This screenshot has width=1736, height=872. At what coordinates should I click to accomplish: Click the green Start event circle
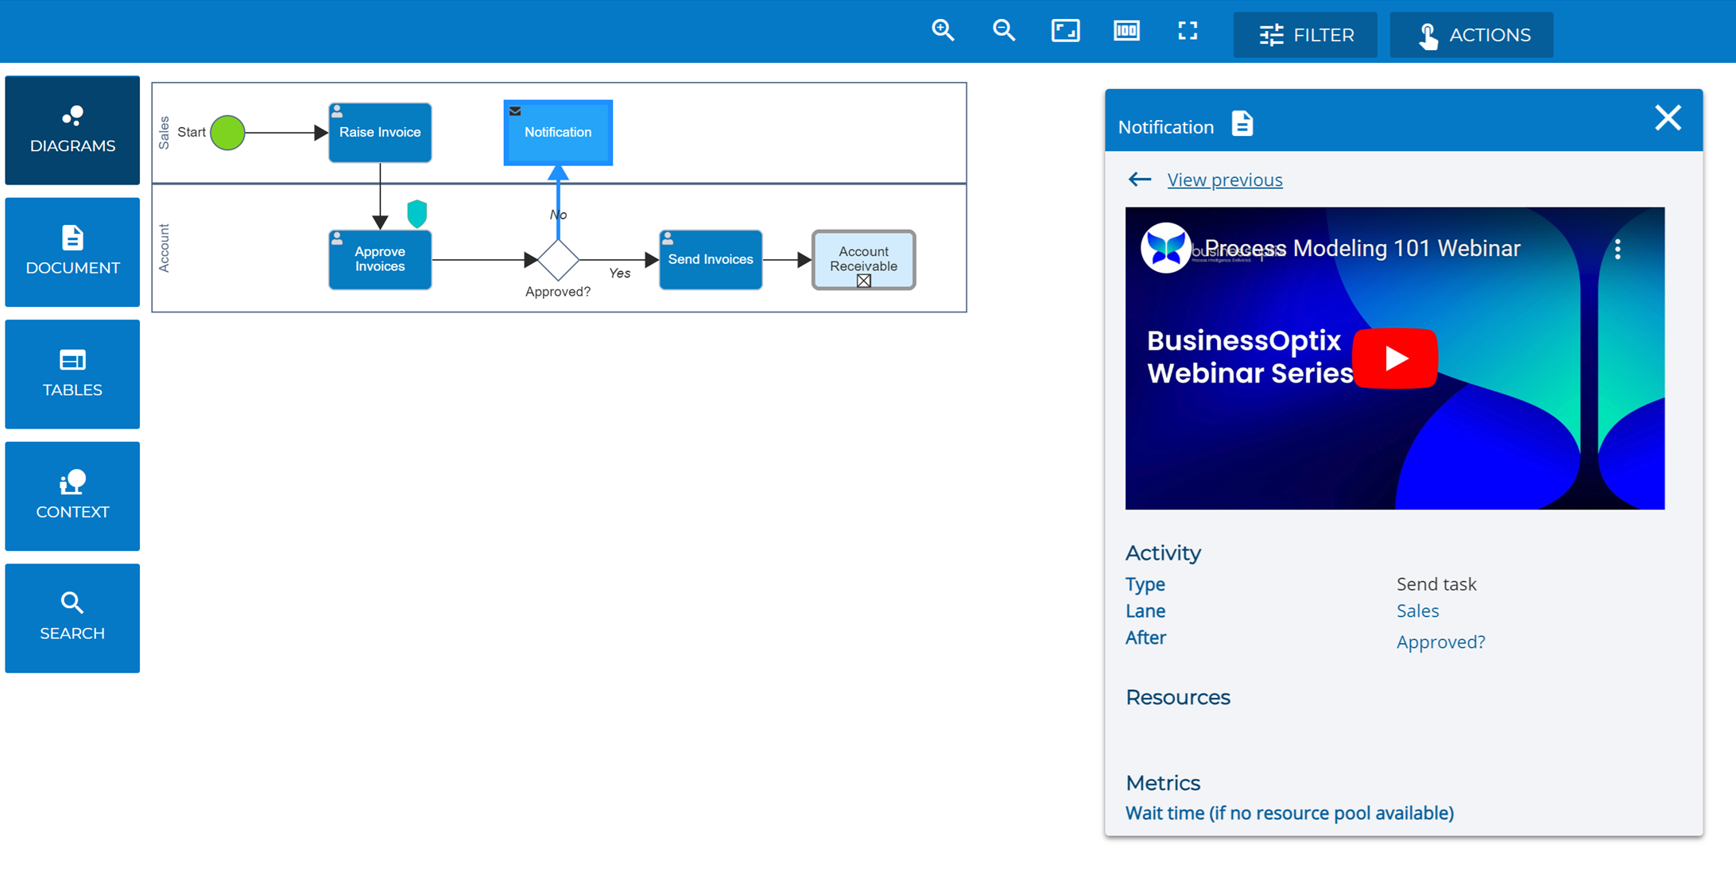click(x=227, y=133)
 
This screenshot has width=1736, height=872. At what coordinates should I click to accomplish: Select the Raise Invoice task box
click(x=380, y=133)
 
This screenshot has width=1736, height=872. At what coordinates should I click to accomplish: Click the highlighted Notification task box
click(x=558, y=133)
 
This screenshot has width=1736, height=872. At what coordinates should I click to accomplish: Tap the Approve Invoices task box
click(x=380, y=259)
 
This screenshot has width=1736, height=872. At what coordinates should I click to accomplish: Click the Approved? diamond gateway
click(x=558, y=259)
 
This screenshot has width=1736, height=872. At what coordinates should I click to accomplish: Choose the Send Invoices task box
click(x=711, y=259)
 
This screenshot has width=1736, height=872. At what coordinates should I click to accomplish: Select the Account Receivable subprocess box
click(x=863, y=259)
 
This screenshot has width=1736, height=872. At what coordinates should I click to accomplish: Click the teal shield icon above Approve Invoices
click(x=417, y=213)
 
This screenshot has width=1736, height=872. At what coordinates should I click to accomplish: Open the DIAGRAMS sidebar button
click(x=72, y=130)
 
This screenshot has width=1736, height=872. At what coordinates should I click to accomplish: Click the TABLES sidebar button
click(x=72, y=374)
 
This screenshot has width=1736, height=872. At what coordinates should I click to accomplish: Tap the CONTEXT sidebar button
click(x=72, y=496)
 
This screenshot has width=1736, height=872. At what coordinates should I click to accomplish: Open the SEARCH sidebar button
click(x=72, y=618)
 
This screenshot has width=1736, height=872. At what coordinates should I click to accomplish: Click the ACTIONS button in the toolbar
click(x=1471, y=35)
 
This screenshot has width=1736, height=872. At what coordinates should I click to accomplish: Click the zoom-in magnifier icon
click(x=943, y=31)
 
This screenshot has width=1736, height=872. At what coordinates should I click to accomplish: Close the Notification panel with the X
click(x=1668, y=118)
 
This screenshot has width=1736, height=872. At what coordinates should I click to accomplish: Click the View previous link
click(x=1224, y=180)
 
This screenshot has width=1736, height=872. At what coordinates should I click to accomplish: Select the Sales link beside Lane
click(x=1417, y=610)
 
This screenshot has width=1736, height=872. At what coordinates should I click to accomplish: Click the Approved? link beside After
click(x=1440, y=641)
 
